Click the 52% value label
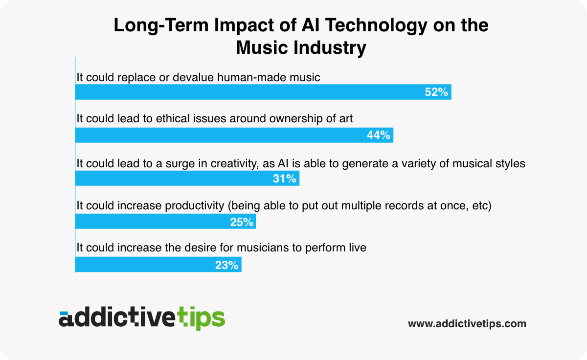436,92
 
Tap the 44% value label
379,135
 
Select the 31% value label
285,179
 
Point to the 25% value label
242,222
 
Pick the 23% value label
227,265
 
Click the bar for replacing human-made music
245,92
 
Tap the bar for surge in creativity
171,179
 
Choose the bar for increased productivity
147,222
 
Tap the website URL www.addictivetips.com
467,324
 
